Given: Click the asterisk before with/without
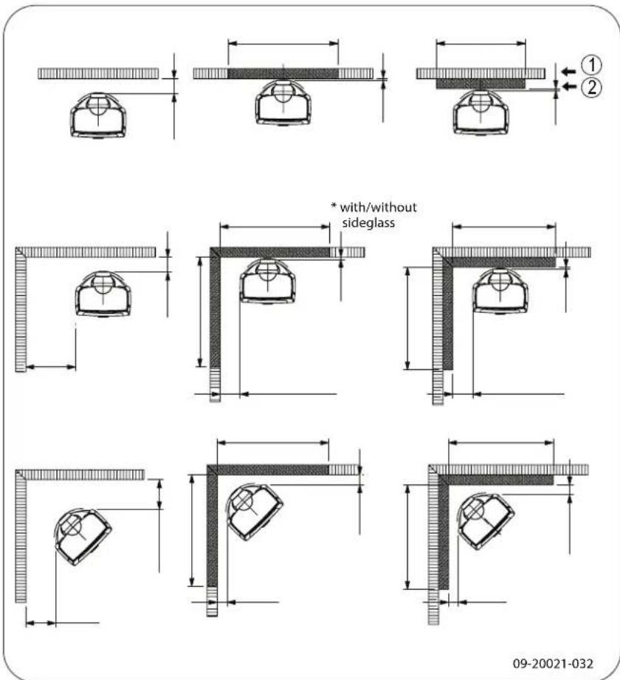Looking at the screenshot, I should [332, 207].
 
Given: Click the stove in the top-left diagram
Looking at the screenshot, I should [98, 114].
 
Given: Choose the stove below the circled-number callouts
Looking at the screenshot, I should [480, 111].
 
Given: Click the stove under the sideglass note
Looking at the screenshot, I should [267, 281].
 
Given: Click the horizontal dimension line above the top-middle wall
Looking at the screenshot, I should [283, 44].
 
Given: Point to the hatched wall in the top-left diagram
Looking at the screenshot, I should [98, 73].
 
